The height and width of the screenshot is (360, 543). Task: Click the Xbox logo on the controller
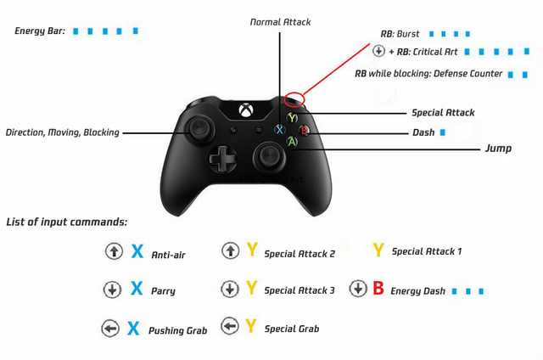[246, 110]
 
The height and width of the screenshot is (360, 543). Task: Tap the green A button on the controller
[293, 141]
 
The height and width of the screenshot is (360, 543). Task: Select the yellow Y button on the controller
[293, 118]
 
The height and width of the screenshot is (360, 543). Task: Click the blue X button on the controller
[279, 130]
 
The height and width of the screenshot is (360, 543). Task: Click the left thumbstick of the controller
[199, 130]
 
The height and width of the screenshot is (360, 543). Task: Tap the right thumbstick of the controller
[269, 155]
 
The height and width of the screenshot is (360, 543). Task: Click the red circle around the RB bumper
[294, 98]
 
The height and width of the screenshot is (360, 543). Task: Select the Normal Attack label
[281, 22]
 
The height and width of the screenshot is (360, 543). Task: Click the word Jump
[498, 149]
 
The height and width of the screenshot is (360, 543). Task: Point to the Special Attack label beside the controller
[443, 113]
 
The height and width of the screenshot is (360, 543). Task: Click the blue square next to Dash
[443, 132]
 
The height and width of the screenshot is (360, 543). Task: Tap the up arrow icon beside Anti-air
[114, 250]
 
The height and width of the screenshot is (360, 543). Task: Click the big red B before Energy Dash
[378, 288]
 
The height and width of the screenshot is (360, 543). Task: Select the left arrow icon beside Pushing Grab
[110, 328]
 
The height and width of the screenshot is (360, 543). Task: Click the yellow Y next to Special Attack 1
[378, 250]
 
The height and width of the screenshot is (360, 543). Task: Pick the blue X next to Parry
[137, 288]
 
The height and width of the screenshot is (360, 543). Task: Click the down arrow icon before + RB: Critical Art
[378, 51]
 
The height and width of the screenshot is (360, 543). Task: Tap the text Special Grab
[292, 329]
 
